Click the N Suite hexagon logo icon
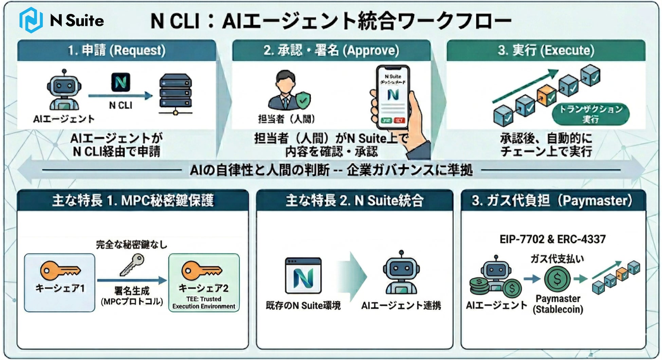(x=31, y=20)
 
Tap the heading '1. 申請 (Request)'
(x=116, y=50)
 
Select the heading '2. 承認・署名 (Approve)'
(x=331, y=50)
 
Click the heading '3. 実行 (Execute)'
(x=546, y=50)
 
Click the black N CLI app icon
(x=121, y=82)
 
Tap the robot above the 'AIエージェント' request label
(x=64, y=90)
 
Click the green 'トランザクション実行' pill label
(x=591, y=114)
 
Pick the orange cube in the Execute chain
(x=547, y=95)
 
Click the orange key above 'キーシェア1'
(x=60, y=270)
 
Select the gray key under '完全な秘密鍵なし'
(x=132, y=265)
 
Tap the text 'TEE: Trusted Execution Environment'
(x=204, y=303)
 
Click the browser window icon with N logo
(x=303, y=276)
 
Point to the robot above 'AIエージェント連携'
(x=401, y=273)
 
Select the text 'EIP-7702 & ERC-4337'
(x=552, y=239)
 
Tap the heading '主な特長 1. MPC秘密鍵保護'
(x=133, y=201)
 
